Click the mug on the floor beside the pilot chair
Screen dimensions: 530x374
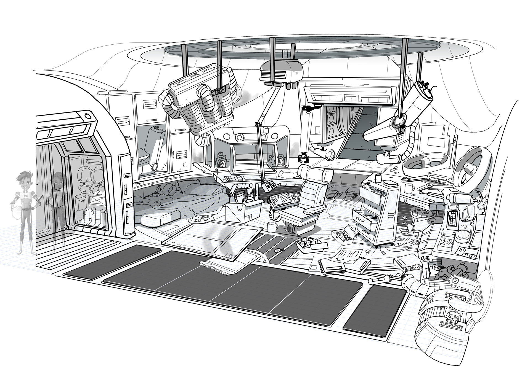click(x=272, y=227)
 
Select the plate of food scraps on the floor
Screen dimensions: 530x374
click(x=201, y=219)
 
